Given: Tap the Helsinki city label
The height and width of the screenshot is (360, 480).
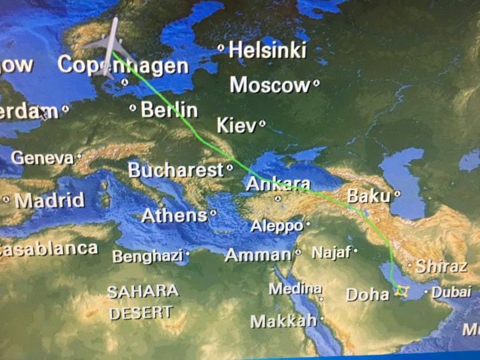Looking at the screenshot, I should click(x=267, y=50).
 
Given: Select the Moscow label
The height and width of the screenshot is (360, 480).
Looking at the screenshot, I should click(x=270, y=85).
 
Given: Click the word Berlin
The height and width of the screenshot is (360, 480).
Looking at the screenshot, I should click(x=169, y=109).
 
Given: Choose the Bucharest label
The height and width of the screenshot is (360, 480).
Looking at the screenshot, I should click(x=176, y=170).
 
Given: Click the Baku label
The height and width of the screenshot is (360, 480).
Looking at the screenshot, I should click(x=367, y=196).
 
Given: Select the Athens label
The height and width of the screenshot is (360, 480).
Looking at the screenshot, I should click(x=174, y=215).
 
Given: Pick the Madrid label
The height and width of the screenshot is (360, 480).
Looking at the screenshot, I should click(x=49, y=200).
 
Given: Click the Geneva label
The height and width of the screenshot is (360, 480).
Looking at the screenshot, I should click(x=43, y=158).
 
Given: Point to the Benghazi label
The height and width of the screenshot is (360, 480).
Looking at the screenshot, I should click(x=147, y=256).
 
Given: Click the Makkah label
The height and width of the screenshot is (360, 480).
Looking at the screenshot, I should click(x=283, y=321).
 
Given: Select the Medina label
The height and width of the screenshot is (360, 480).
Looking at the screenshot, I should click(x=295, y=289).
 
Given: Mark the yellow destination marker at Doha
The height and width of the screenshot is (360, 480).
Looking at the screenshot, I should click(x=401, y=291).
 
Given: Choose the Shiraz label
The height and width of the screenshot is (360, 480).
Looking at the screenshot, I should click(x=441, y=267).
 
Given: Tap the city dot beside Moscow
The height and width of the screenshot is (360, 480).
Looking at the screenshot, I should click(x=316, y=84).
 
